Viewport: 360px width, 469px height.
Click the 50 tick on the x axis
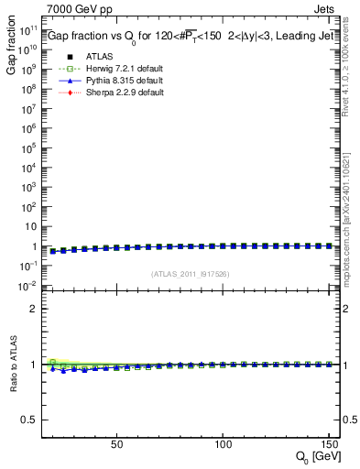pos(116,443)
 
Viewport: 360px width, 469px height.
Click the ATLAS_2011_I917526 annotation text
pos(190,273)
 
